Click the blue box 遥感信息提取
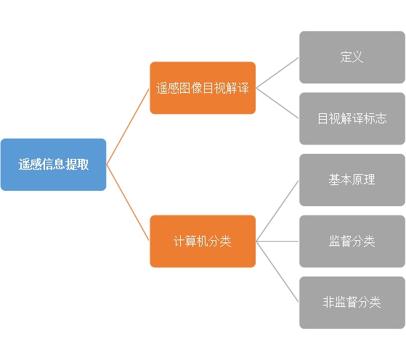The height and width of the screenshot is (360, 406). coord(53,165)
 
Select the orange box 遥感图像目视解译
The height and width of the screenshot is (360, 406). coord(203,88)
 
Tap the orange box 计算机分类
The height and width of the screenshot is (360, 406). coord(203,241)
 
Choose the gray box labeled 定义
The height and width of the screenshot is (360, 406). coord(352,57)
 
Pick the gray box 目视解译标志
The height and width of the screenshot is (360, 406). coord(352,118)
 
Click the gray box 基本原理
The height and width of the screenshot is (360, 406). coord(352,180)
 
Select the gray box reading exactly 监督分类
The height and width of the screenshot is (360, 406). coord(352,241)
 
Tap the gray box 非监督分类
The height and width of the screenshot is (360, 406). coord(352,303)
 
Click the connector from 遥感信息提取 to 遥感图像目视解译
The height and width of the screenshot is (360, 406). coord(128,126)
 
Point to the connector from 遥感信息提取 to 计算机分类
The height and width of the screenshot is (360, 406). coord(128,203)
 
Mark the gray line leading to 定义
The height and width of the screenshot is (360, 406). coord(277,73)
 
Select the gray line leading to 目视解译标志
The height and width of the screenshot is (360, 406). coord(277,103)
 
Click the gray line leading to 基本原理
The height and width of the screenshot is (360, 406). coord(277,211)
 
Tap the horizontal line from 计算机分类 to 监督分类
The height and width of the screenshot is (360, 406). coord(277,241)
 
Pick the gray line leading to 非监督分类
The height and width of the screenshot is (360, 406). coord(277,271)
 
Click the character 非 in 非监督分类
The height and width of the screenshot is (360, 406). coord(328,302)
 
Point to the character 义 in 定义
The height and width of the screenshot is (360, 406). coord(357,57)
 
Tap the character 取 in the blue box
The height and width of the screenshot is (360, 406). coord(83,164)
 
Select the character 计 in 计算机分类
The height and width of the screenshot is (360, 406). coord(179,241)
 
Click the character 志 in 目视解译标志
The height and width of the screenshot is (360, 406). coord(381,118)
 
